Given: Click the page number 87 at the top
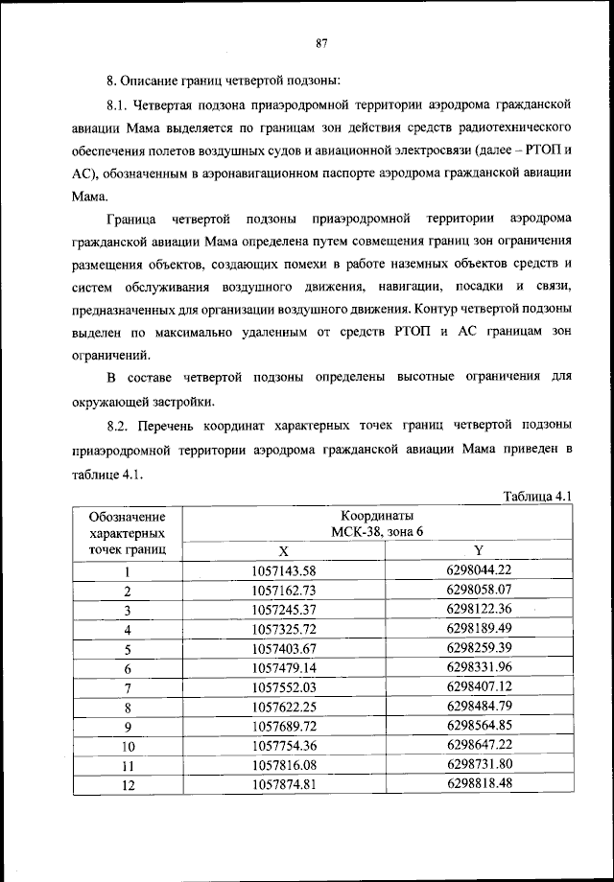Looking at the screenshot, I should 322,42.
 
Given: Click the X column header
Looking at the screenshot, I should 283,551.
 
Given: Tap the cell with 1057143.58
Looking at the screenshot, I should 283,571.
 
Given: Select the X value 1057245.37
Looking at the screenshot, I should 283,610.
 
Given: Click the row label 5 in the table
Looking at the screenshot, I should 127,649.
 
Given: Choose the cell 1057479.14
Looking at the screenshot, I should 283,668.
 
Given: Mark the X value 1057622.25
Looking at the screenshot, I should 283,707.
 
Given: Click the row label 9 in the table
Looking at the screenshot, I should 127,727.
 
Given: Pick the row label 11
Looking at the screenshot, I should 127,765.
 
